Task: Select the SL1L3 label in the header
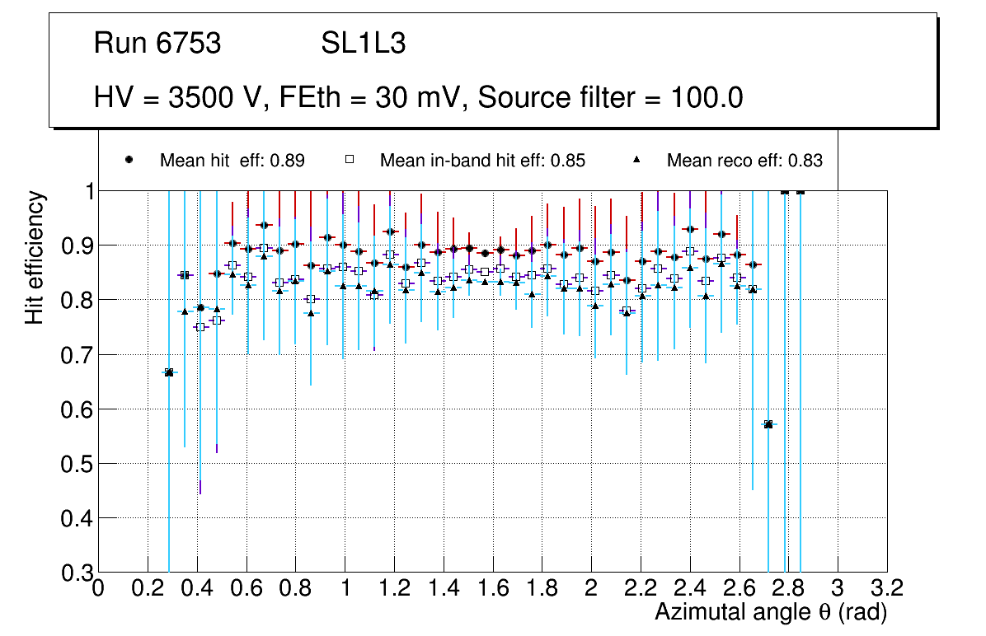click(x=363, y=44)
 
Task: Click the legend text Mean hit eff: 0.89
click(x=232, y=161)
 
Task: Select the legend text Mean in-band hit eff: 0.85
click(x=482, y=161)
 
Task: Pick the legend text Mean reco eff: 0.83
click(x=744, y=161)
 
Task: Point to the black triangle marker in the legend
click(x=637, y=160)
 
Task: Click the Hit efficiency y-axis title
click(x=35, y=258)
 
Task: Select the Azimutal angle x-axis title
click(x=771, y=612)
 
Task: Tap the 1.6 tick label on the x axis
click(x=492, y=587)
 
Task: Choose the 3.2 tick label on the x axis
click(x=887, y=587)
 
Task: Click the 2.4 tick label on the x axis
click(x=690, y=587)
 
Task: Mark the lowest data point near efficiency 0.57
click(x=768, y=424)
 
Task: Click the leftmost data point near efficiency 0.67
click(x=169, y=372)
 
